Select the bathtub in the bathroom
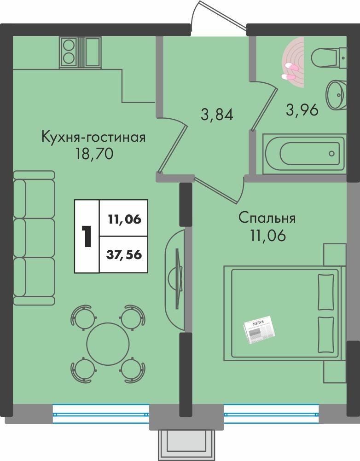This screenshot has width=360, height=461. pyautogui.click(x=304, y=154)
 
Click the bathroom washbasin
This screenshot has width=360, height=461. pyautogui.click(x=336, y=94)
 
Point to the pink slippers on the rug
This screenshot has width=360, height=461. pyautogui.click(x=291, y=72)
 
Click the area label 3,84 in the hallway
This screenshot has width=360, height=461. pyautogui.click(x=217, y=113)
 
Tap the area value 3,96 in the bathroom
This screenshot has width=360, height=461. pyautogui.click(x=302, y=110)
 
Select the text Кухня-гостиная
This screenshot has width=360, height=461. pyautogui.click(x=93, y=137)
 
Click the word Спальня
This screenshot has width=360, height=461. pyautogui.click(x=267, y=218)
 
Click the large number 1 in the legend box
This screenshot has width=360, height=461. pyautogui.click(x=87, y=236)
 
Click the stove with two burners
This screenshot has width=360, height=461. pyautogui.click(x=70, y=52)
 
